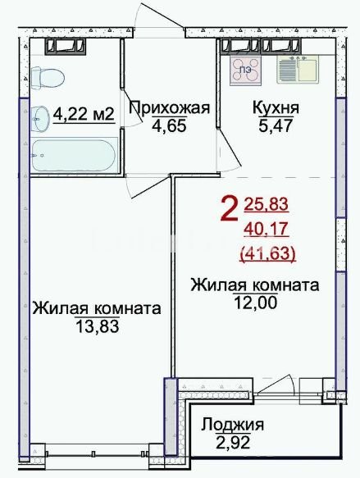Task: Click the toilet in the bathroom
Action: [x=48, y=78]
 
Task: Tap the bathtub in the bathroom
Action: [x=74, y=155]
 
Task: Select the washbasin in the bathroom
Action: [x=39, y=119]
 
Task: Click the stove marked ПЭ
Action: [x=246, y=70]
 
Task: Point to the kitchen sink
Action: [x=298, y=70]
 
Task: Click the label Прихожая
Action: [x=170, y=108]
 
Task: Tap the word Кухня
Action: [x=276, y=108]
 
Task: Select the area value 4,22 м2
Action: [x=84, y=115]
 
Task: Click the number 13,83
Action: [x=97, y=327]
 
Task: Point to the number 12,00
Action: [x=256, y=303]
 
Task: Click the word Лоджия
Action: [x=232, y=425]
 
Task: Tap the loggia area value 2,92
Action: [x=233, y=442]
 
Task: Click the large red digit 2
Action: [x=229, y=208]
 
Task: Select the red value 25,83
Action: [x=267, y=203]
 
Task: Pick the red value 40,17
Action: [x=267, y=229]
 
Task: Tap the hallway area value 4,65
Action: [x=169, y=125]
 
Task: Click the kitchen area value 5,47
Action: [x=276, y=125]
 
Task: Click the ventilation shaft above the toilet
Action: [x=66, y=47]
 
